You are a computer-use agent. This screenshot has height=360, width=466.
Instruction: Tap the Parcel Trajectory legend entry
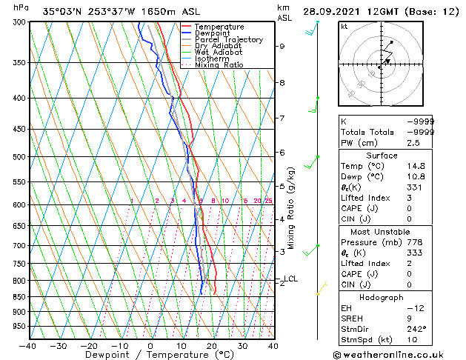coord(228,40)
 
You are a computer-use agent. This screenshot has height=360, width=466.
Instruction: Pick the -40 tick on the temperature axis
coord(28,346)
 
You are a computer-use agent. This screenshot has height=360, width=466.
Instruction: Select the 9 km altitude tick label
coord(282,46)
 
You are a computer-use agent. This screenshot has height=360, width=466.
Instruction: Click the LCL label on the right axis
coord(291,279)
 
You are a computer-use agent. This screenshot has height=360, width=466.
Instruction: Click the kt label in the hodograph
coord(344,27)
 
